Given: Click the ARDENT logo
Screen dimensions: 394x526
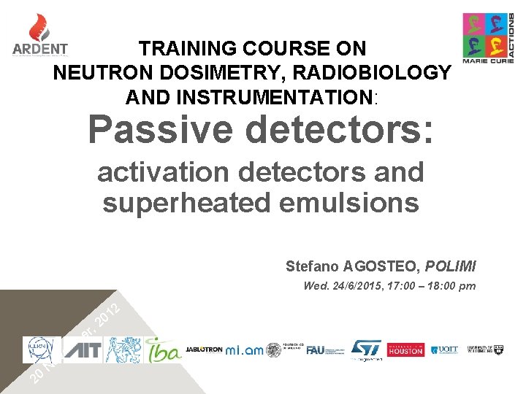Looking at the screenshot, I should click(x=40, y=36).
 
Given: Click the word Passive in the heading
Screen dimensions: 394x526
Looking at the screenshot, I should click(x=161, y=130).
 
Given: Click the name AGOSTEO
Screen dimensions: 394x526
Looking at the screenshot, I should click(x=377, y=266).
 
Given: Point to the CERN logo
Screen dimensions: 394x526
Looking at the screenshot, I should click(x=42, y=349).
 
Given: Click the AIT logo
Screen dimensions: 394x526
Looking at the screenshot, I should click(x=83, y=349).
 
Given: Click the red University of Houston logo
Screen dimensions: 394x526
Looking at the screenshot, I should click(x=405, y=350).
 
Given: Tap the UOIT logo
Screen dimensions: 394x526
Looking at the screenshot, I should click(x=444, y=350).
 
